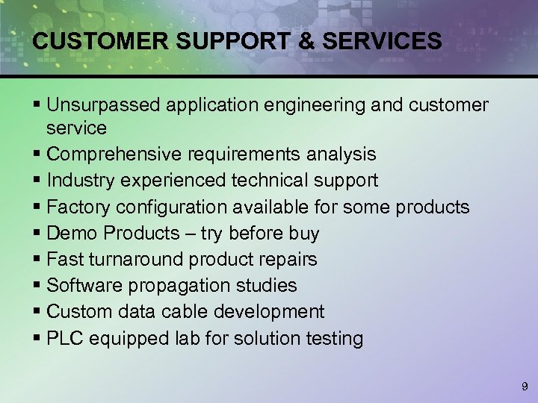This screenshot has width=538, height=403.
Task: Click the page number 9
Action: tap(523, 387)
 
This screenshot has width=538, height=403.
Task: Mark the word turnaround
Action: tap(137, 260)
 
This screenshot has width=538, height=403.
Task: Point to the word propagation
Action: tap(174, 286)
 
